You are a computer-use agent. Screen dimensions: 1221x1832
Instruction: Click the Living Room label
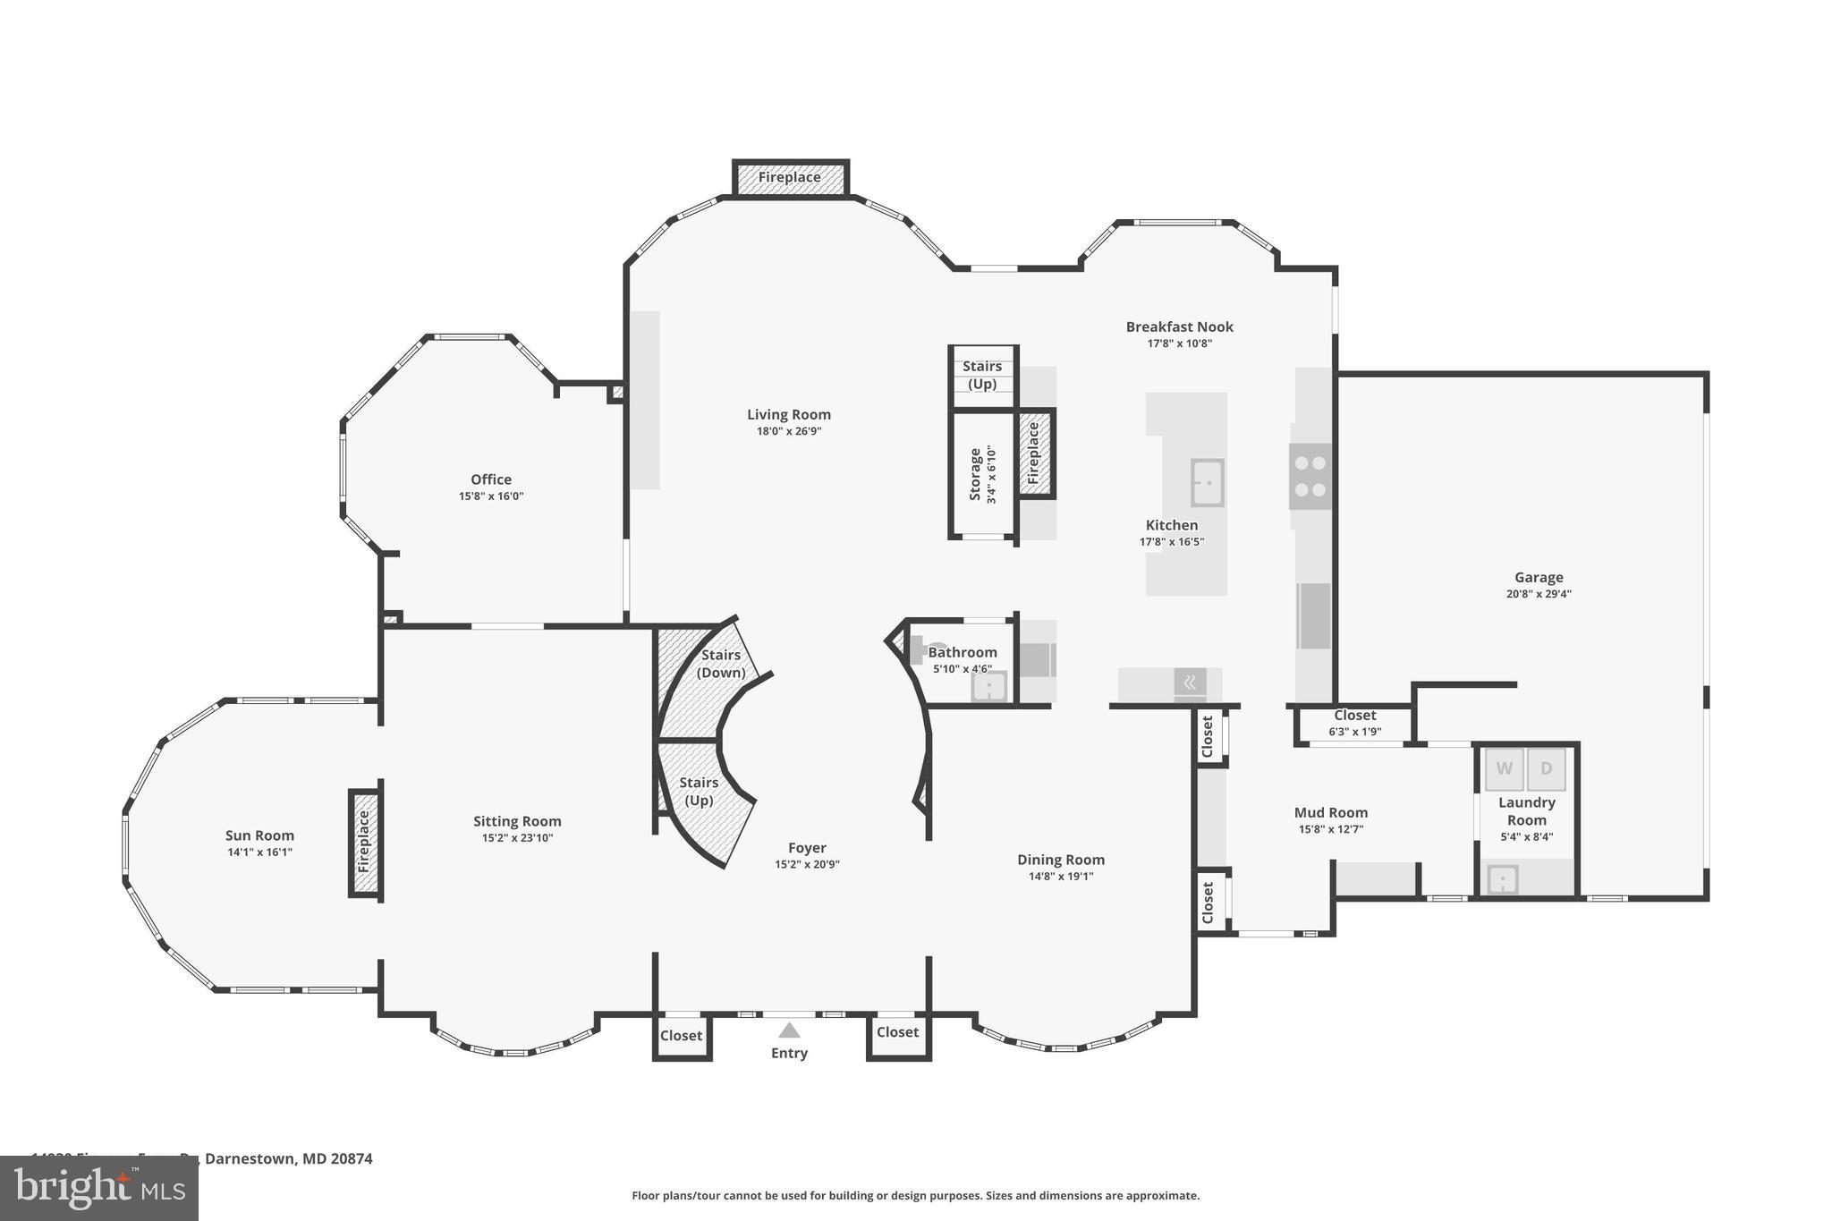788,414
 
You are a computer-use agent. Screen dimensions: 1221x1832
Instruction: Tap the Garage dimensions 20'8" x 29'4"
1538,594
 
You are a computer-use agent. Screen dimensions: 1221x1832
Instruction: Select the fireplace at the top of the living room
790,177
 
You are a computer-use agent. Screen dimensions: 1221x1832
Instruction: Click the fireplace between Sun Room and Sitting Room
364,842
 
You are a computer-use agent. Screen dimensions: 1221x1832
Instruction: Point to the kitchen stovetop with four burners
1310,476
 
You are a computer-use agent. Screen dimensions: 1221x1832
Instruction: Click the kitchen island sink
1207,483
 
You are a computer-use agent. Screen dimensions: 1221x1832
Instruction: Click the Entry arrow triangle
788,1030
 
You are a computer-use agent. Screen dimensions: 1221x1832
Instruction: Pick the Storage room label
976,474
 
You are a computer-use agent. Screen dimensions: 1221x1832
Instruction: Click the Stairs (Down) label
720,663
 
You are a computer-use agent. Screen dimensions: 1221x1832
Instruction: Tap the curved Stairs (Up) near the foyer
700,791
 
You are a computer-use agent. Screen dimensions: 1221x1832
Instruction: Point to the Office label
491,479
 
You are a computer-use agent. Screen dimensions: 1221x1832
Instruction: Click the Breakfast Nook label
1179,327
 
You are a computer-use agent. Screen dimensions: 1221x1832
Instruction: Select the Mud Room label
1330,812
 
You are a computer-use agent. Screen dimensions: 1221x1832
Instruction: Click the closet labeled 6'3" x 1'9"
1354,723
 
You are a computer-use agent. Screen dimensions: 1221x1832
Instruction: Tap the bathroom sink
989,687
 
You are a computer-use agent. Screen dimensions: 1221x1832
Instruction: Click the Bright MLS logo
99,1188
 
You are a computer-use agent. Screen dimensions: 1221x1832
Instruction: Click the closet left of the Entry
681,1036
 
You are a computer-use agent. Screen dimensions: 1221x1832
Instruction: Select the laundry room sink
1502,879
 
